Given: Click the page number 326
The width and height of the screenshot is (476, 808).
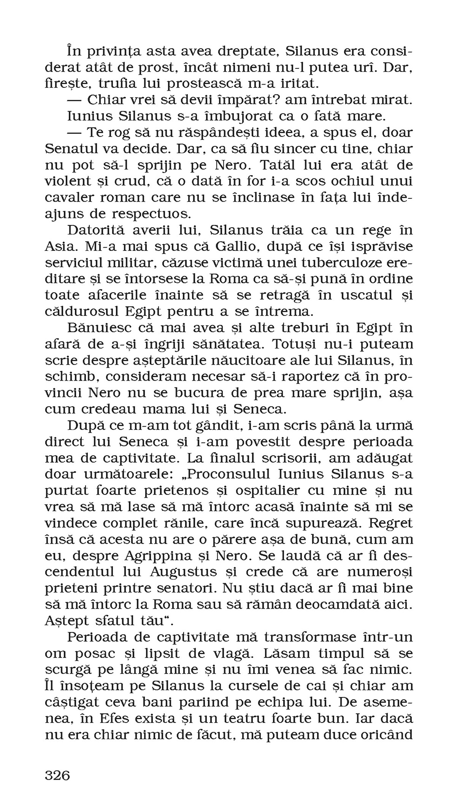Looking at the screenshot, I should tap(57, 775).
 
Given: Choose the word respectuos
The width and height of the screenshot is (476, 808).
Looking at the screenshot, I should tap(151, 214).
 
